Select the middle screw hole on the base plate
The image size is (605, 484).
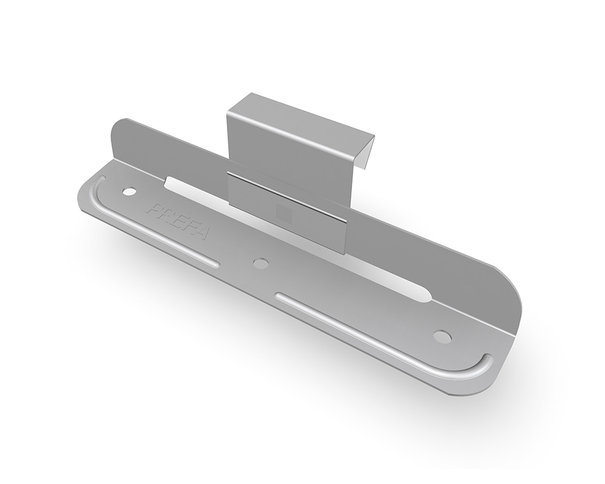(261, 263)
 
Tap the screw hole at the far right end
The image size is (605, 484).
(442, 335)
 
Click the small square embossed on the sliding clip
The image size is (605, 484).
(284, 213)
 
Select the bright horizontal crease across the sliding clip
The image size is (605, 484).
(287, 197)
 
